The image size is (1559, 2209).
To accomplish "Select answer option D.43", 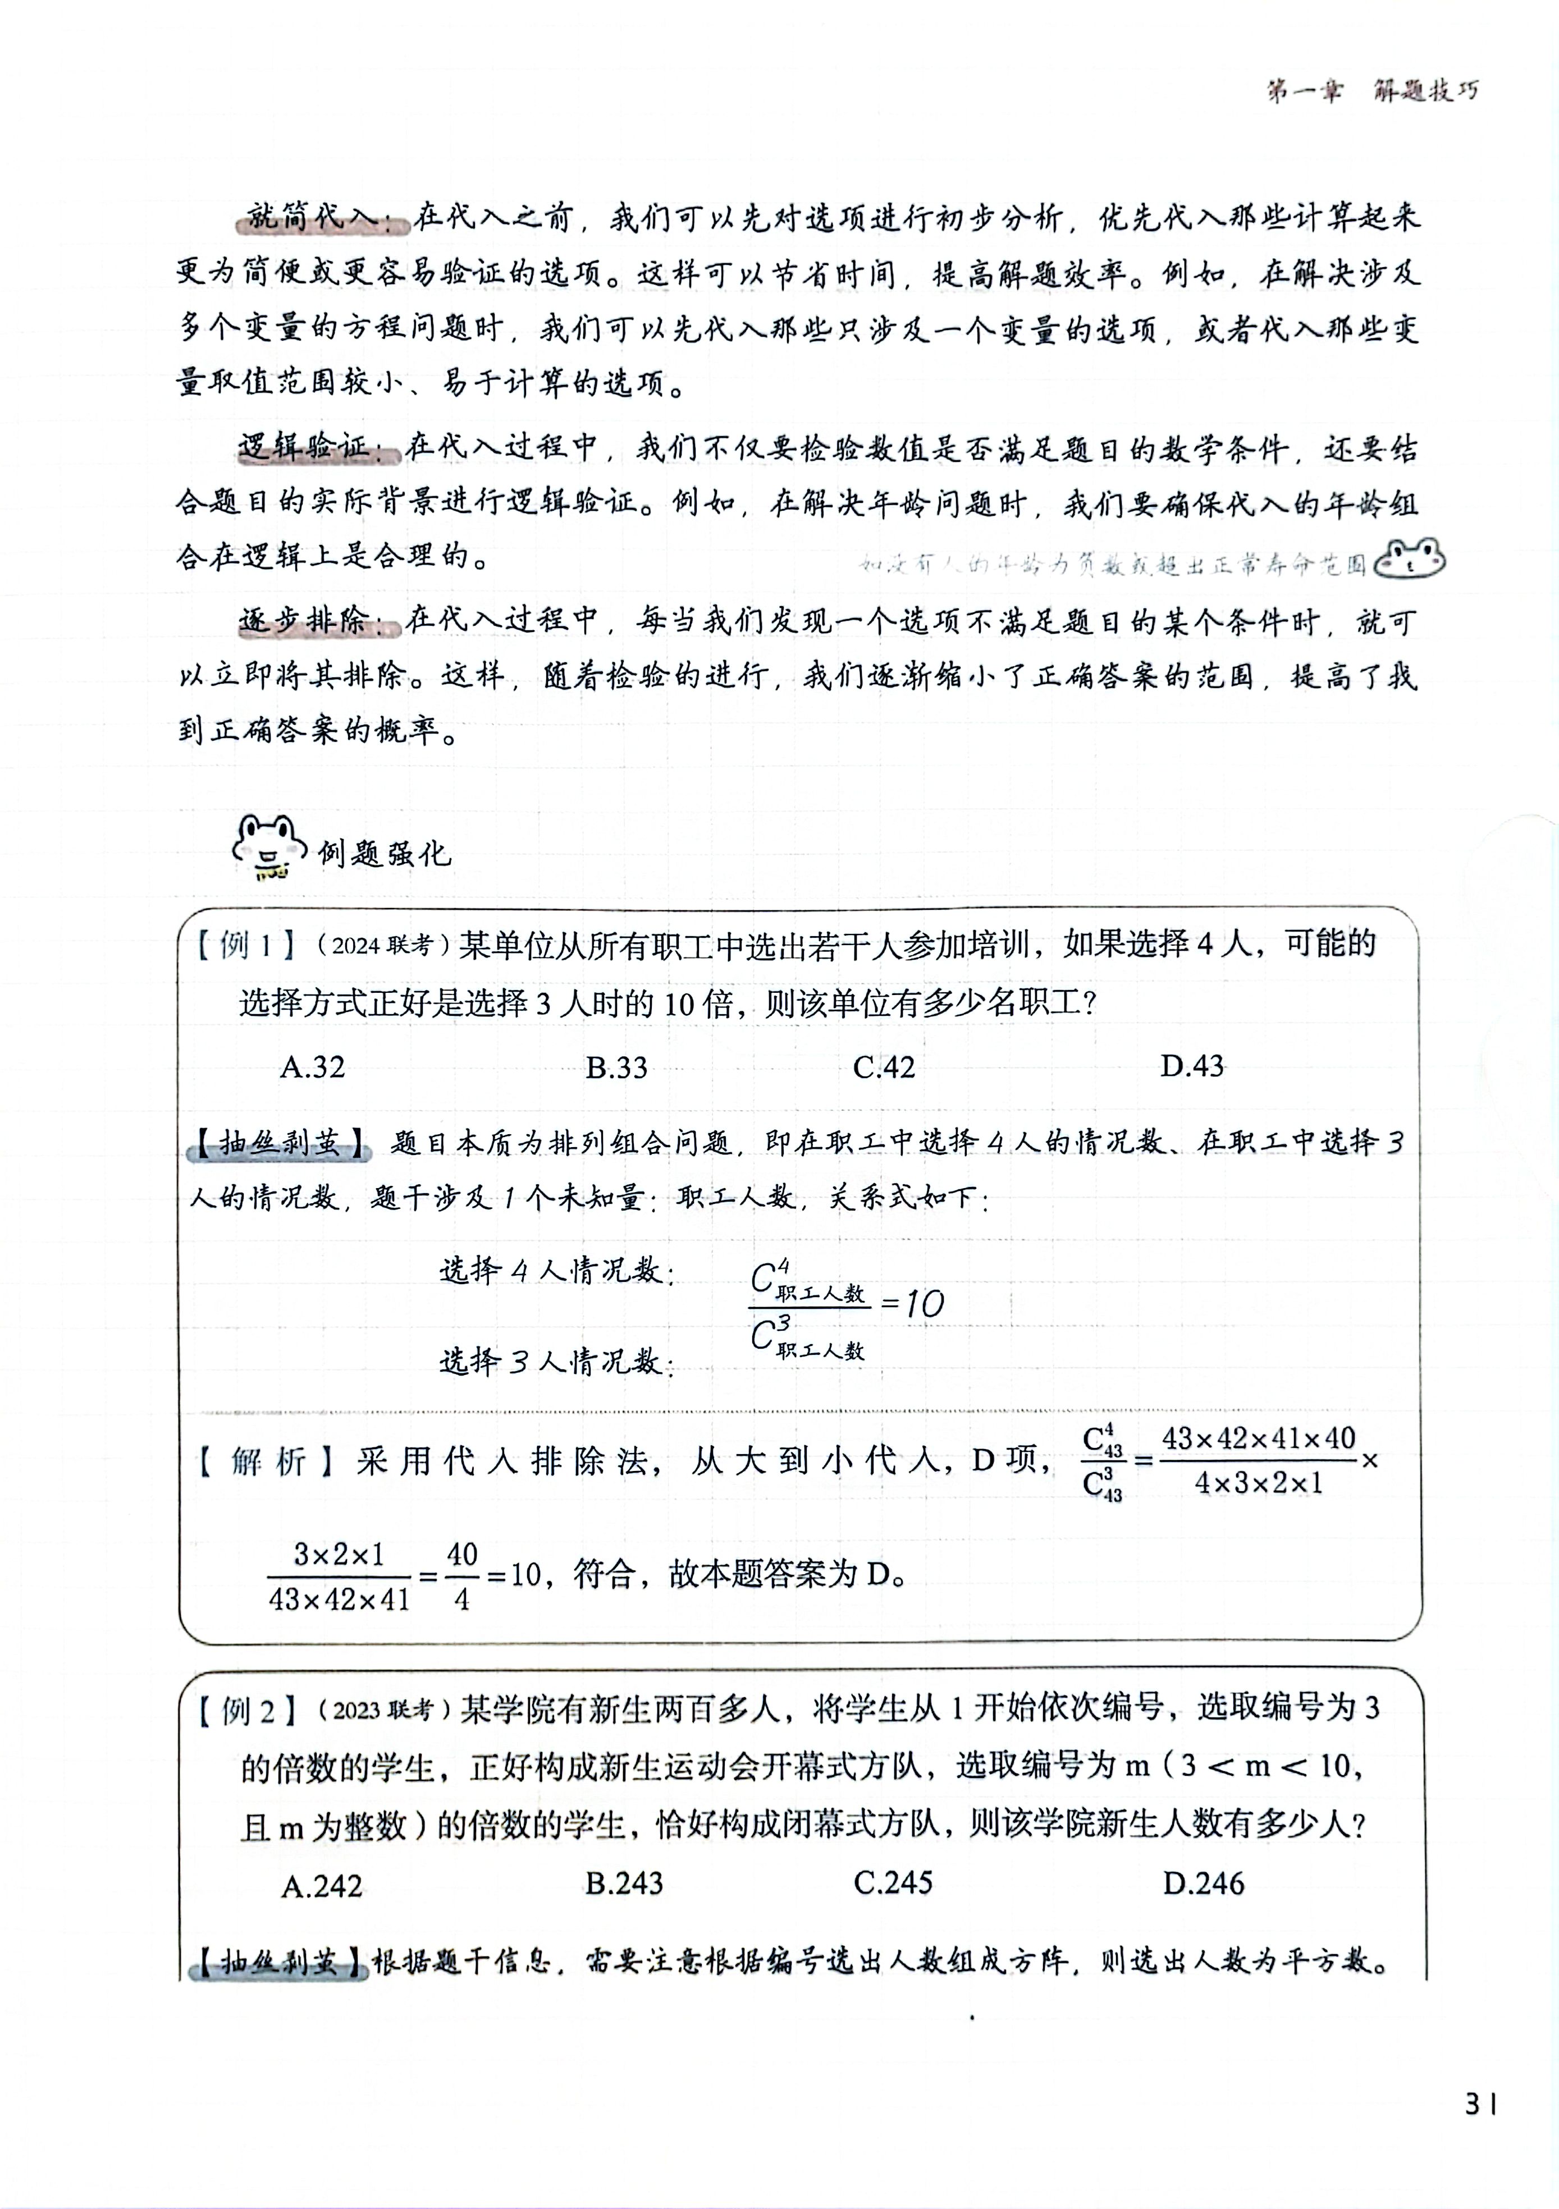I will coord(1191,1066).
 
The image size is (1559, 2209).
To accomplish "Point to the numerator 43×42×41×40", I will coord(1258,1438).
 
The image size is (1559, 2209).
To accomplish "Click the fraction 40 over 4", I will coord(462,1575).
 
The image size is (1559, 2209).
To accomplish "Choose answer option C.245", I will coord(893,1883).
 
